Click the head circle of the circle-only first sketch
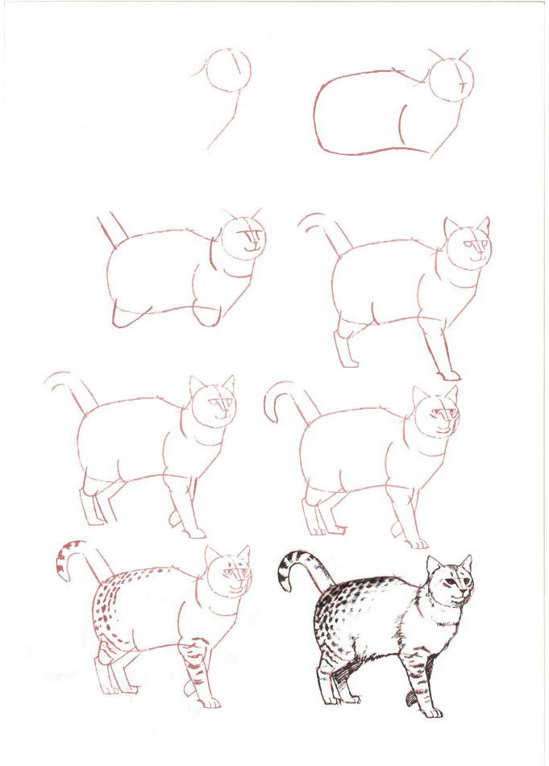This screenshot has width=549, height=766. pyautogui.click(x=228, y=69)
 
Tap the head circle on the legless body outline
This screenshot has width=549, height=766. pyautogui.click(x=450, y=80)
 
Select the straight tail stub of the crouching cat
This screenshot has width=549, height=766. pyautogui.click(x=114, y=228)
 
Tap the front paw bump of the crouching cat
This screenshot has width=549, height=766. pyautogui.click(x=207, y=317)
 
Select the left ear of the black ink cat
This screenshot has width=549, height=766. pyautogui.click(x=434, y=564)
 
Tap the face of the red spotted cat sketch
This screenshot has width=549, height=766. pyautogui.click(x=234, y=581)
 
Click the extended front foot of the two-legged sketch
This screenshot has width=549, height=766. pyautogui.click(x=450, y=375)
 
